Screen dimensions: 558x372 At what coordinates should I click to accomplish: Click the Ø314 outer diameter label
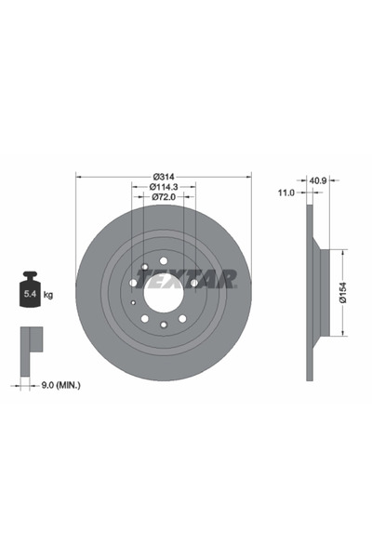pyautogui.click(x=165, y=176)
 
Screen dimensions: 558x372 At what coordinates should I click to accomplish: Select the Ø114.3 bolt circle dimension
pyautogui.click(x=165, y=186)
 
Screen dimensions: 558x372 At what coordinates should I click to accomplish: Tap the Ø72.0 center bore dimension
pyautogui.click(x=165, y=196)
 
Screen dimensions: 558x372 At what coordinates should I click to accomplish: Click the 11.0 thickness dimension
pyautogui.click(x=286, y=193)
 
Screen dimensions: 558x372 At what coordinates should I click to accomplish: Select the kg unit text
pyautogui.click(x=47, y=295)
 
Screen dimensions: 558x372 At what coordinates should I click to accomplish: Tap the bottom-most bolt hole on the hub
pyautogui.click(x=164, y=325)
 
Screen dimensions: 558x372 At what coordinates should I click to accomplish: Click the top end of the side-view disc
pyautogui.click(x=308, y=212)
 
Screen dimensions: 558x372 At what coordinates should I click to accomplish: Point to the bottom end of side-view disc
pyautogui.click(x=308, y=376)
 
